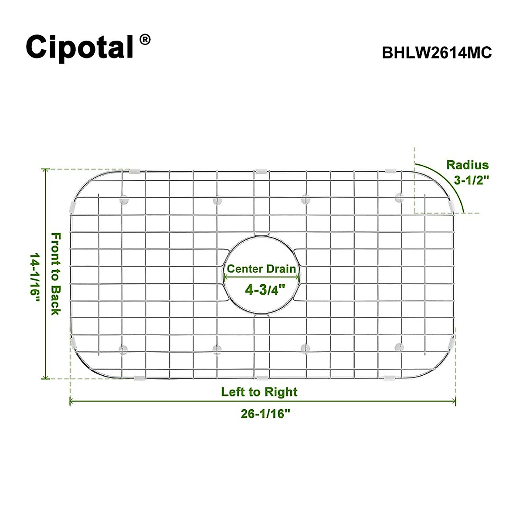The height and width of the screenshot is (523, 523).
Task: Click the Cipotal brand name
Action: click(80, 47)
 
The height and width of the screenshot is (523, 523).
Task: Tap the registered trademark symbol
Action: click(145, 40)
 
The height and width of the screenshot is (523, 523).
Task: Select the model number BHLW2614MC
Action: click(437, 53)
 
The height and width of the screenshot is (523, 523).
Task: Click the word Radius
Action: click(467, 165)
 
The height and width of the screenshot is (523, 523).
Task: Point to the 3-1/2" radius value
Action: click(472, 180)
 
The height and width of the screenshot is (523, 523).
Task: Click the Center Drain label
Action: click(261, 269)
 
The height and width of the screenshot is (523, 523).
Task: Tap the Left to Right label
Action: click(259, 392)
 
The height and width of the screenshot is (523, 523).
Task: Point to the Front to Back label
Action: click(56, 274)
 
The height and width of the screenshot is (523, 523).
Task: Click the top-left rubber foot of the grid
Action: click(124, 200)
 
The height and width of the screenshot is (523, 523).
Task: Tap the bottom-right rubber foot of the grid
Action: click(399, 347)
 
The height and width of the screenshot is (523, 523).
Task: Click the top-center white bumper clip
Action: click(261, 170)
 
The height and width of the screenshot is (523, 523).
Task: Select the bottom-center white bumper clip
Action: click(262, 377)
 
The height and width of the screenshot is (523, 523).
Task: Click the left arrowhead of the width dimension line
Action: click(72, 401)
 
